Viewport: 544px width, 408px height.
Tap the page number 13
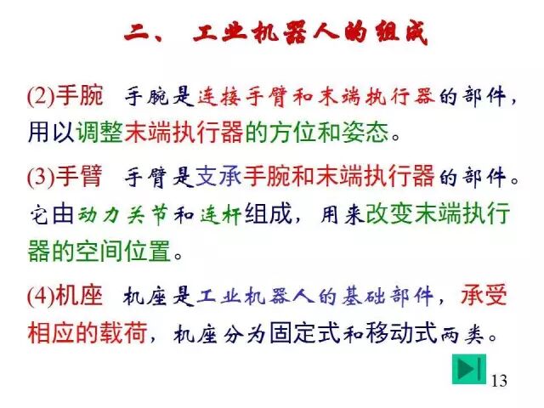499,380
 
